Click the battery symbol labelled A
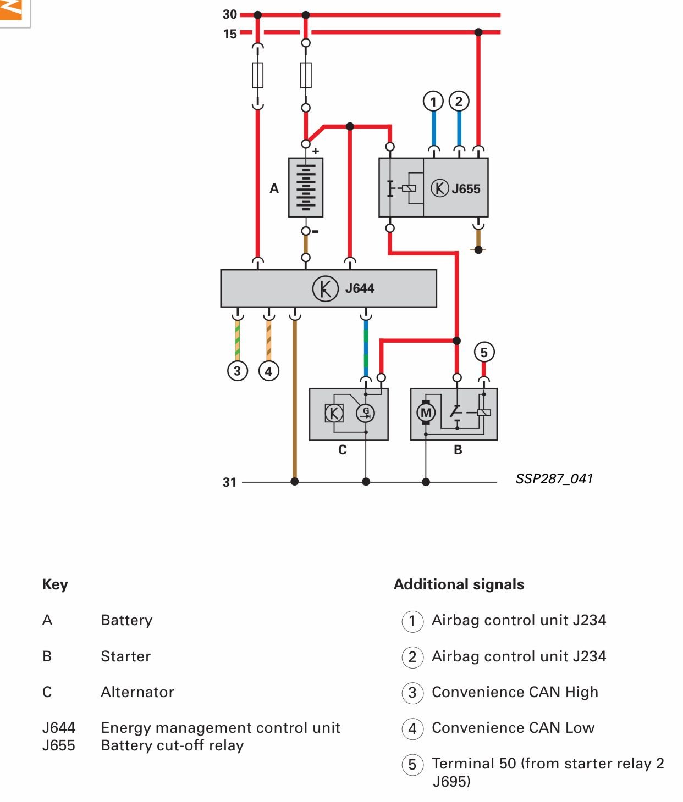point(306,188)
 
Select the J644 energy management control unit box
point(328,288)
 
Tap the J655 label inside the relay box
point(466,189)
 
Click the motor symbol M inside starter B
point(426,413)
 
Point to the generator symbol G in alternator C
point(366,413)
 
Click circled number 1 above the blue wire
point(433,102)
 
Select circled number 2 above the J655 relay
point(459,102)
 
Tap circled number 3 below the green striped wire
point(238,371)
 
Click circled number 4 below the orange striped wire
point(268,371)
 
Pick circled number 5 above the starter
point(484,352)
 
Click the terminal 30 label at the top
point(230,15)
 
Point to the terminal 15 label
point(230,34)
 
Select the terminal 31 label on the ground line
point(229,482)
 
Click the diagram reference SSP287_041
point(554,479)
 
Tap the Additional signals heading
point(459,584)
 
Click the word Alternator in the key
point(137,692)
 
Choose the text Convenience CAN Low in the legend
point(513,728)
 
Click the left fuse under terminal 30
point(257,75)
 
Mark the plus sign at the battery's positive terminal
point(316,151)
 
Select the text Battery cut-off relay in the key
point(172,745)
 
